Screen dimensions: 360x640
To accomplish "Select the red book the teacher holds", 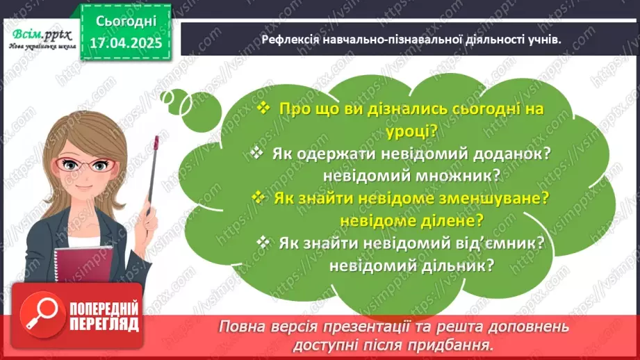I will (83, 261).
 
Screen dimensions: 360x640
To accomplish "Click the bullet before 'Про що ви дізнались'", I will (263, 108).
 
